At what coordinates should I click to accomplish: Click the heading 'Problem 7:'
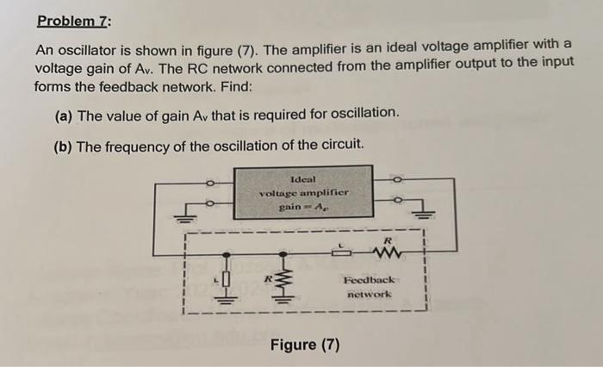pyautogui.click(x=73, y=20)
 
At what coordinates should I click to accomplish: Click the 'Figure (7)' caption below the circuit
pyautogui.click(x=305, y=345)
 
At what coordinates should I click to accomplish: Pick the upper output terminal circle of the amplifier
pyautogui.click(x=397, y=181)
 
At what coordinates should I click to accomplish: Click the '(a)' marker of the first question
pyautogui.click(x=64, y=114)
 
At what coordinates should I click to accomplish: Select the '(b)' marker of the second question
pyautogui.click(x=64, y=146)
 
